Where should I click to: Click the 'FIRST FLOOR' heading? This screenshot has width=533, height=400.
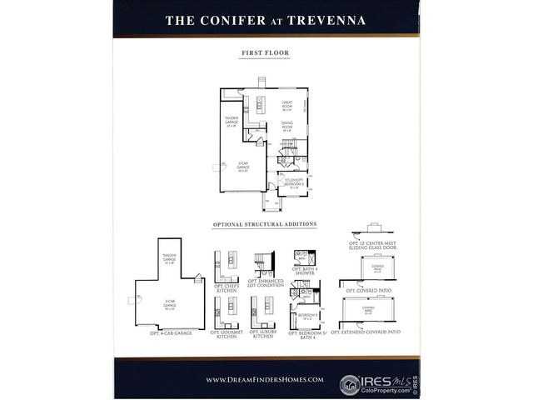pos(266,53)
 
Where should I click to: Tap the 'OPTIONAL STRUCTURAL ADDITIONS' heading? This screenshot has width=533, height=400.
pos(266,225)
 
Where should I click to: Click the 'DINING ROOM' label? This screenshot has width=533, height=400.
pos(286,127)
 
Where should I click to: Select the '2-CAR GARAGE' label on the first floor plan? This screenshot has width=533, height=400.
pos(243,167)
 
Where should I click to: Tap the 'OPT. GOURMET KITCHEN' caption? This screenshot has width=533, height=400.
pos(227,335)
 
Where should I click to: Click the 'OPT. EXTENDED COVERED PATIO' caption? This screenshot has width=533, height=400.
pos(366,332)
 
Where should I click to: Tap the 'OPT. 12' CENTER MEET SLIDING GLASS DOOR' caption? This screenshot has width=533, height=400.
pos(373,247)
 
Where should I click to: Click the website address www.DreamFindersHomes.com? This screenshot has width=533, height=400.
pos(265,379)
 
